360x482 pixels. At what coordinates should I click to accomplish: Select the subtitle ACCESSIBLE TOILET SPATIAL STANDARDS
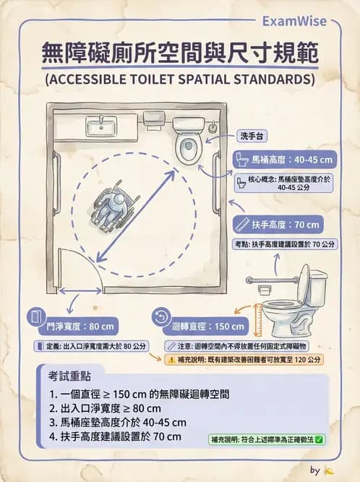tap(179, 79)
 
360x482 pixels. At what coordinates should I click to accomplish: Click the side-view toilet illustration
tap(293, 300)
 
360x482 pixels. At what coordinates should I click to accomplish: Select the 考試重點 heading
tap(75, 377)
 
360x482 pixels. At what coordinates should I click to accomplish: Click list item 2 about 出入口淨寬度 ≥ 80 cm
tap(117, 408)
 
